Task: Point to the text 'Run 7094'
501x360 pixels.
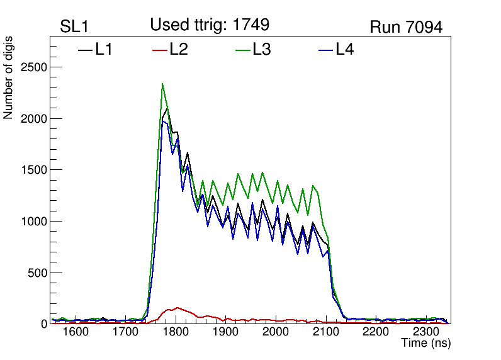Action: [x=406, y=27]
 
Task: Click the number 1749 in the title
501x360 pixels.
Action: [x=250, y=25]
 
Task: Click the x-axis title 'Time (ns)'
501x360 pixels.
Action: [x=426, y=344]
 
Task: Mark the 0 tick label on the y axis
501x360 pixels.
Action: [x=43, y=324]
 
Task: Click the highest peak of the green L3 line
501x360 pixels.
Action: [x=162, y=84]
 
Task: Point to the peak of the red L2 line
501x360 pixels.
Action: [x=177, y=308]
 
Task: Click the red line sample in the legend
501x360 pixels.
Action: [x=160, y=50]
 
